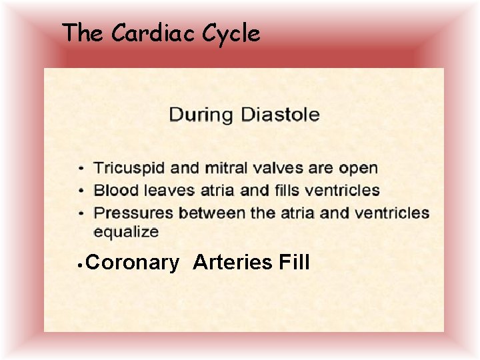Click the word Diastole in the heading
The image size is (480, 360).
[x=279, y=114]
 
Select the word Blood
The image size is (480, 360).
[x=115, y=190]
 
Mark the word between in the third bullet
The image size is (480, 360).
[x=208, y=213]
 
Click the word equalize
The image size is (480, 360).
[x=126, y=233]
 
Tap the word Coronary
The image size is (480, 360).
[x=133, y=263]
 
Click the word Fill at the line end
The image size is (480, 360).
[x=294, y=263]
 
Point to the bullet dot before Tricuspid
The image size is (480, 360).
[x=81, y=169]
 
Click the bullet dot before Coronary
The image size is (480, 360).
[x=79, y=264]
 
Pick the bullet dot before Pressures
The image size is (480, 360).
[x=81, y=213]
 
